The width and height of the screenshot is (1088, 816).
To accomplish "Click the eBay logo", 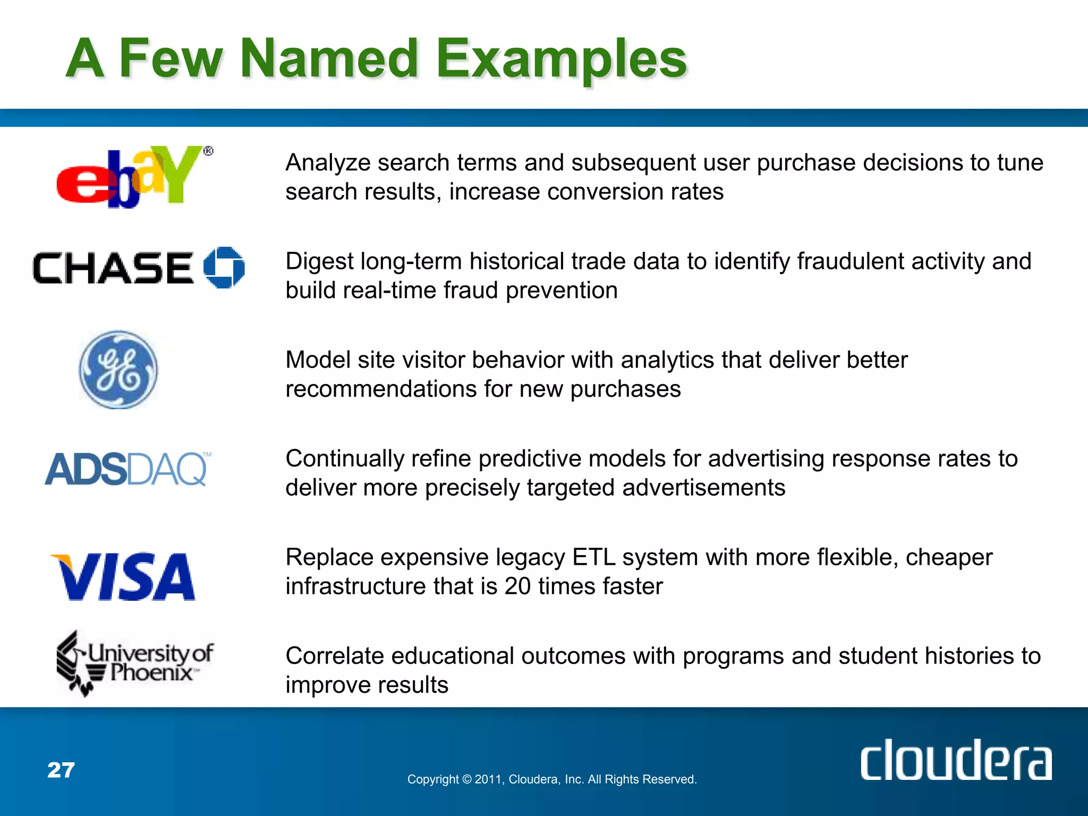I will pos(133,177).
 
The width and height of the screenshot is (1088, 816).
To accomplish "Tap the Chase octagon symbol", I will pos(224,267).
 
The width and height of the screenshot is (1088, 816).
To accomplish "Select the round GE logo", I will pos(118,370).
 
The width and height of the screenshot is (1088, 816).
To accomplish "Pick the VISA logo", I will pos(123,577).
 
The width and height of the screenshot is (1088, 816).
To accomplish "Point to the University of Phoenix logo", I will pos(135,663).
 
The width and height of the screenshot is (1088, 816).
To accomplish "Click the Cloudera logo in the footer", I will pos(956,760).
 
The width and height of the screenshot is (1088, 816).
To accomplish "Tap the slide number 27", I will pos(61,770).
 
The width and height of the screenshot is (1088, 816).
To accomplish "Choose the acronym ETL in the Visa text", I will pos(593,557).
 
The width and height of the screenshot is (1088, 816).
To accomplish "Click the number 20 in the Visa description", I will pos(517,586).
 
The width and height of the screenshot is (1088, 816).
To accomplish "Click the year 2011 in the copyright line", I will pos(487,779).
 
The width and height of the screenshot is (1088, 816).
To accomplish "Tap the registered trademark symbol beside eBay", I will pos(208,151).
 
